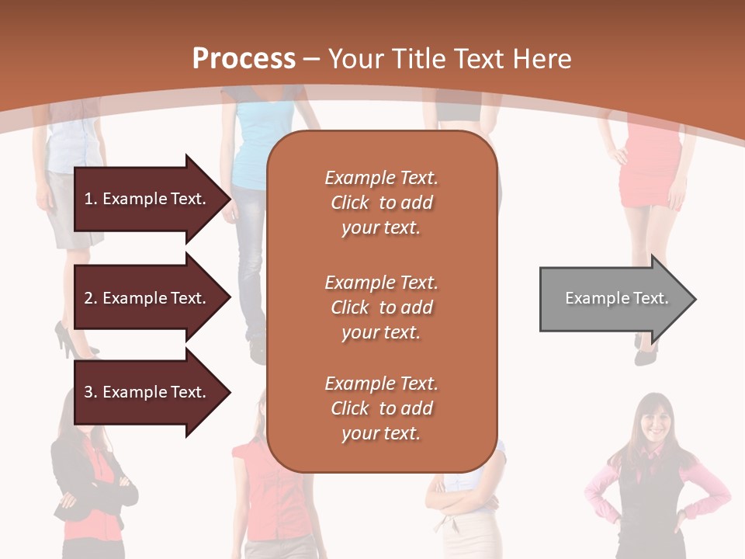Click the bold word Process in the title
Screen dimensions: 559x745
[x=244, y=59]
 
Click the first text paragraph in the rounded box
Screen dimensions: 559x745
[x=381, y=203]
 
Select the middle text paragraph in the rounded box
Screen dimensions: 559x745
[x=381, y=307]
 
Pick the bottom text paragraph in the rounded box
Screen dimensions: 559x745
[x=381, y=408]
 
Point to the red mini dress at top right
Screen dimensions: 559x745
[x=650, y=167]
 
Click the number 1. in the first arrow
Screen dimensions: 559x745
[x=90, y=199]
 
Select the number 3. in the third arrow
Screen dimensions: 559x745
[x=90, y=392]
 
